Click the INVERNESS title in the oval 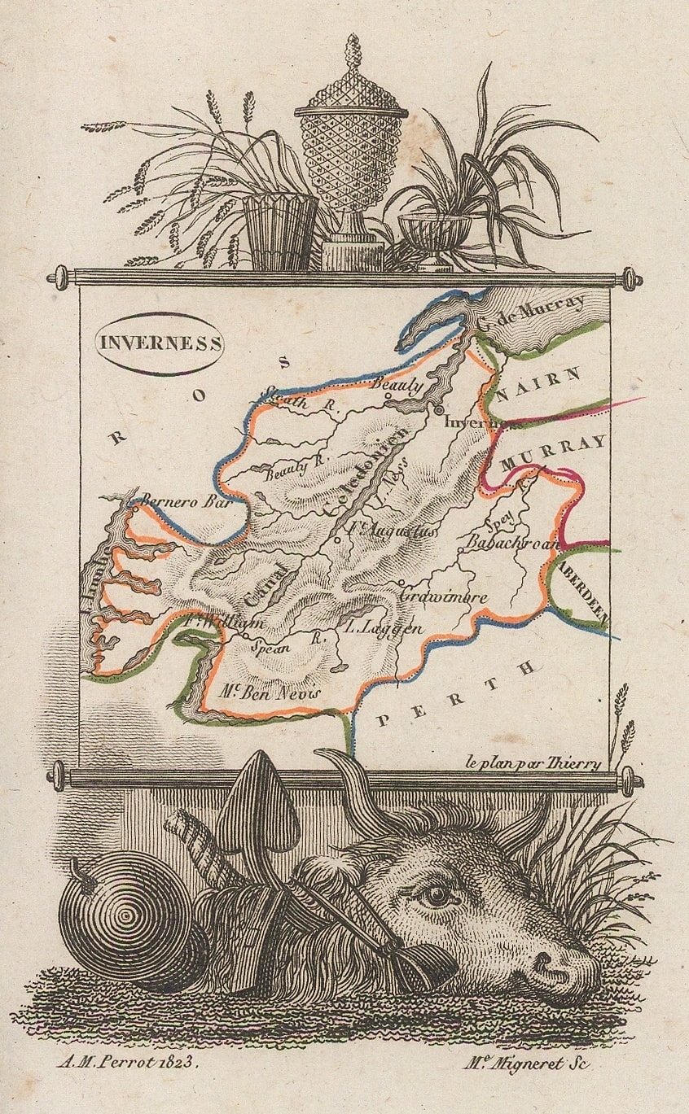tap(160, 343)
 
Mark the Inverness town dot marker tap(439, 410)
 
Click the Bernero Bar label tap(182, 501)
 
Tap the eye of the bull tap(437, 895)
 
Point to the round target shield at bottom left tap(124, 923)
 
